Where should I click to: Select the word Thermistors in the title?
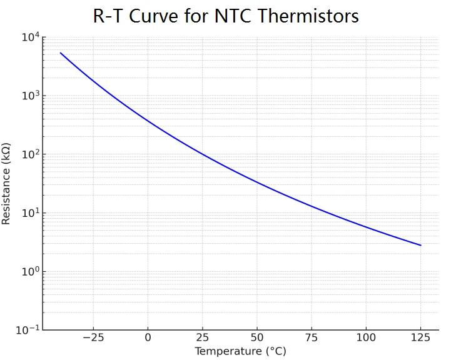pyautogui.click(x=310, y=16)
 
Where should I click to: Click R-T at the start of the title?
pyautogui.click(x=109, y=16)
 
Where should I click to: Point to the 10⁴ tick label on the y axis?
pyautogui.click(x=30, y=37)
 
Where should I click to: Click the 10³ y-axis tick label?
pyautogui.click(x=30, y=96)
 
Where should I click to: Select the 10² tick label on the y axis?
pyautogui.click(x=30, y=154)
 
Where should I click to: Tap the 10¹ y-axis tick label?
pyautogui.click(x=30, y=213)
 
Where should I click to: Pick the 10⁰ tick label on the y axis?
pyautogui.click(x=30, y=272)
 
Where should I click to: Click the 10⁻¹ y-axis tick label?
pyautogui.click(x=28, y=330)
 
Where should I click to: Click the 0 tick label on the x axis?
pyautogui.click(x=148, y=338)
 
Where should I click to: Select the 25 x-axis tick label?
pyautogui.click(x=202, y=338)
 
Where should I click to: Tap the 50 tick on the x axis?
pyautogui.click(x=256, y=338)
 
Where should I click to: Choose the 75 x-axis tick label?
pyautogui.click(x=312, y=338)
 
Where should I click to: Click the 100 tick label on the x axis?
pyautogui.click(x=366, y=338)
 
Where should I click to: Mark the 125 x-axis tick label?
pyautogui.click(x=420, y=338)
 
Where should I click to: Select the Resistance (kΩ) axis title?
pyautogui.click(x=8, y=183)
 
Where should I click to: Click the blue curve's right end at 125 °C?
pyautogui.click(x=420, y=245)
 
